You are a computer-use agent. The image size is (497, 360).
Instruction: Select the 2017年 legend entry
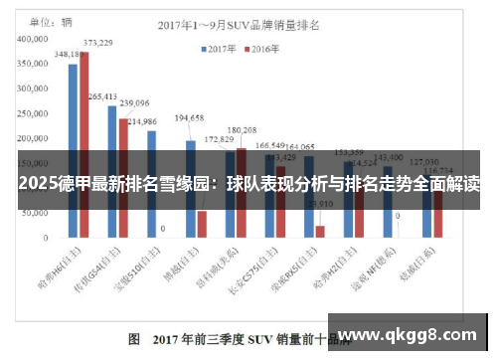point(222,47)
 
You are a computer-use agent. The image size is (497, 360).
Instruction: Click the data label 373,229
point(97,43)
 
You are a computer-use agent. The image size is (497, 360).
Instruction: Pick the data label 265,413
point(102,96)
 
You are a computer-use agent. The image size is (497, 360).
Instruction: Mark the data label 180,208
point(242,130)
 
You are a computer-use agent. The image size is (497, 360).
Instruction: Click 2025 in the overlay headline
point(36,184)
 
